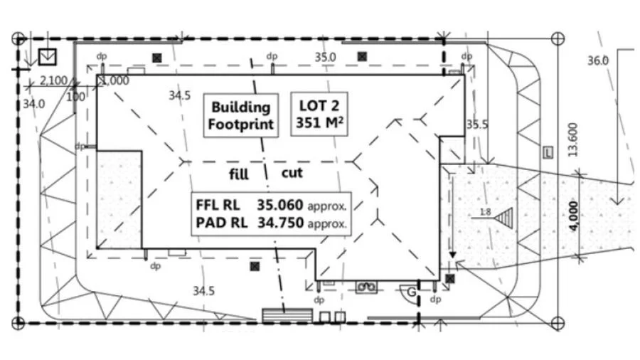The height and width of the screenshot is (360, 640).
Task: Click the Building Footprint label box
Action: click(241, 115)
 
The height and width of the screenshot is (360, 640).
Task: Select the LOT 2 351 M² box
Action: click(319, 114)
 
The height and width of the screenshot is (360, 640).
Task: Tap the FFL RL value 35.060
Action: click(280, 205)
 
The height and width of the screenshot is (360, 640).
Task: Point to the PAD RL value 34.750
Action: click(281, 223)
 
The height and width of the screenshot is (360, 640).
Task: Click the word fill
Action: click(239, 174)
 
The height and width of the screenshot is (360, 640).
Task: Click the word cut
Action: click(292, 173)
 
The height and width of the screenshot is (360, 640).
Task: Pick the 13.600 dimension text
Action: click(572, 140)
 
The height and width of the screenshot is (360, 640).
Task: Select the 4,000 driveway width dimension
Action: click(573, 216)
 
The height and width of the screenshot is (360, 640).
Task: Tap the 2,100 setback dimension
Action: click(53, 80)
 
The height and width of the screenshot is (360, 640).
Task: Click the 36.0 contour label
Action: click(598, 60)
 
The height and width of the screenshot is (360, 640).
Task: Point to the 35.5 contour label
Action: click(477, 124)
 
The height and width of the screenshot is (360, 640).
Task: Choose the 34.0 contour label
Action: click(33, 104)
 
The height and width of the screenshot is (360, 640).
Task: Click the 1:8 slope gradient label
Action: click(485, 212)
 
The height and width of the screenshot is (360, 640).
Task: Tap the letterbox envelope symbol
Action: click(48, 57)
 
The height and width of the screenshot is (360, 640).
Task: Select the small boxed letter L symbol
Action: click(548, 153)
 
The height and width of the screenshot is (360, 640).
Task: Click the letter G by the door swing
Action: click(412, 292)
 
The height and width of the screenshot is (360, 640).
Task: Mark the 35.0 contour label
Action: click(325, 57)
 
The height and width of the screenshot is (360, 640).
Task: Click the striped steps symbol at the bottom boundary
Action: click(287, 316)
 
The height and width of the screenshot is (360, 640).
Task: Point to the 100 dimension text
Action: click(75, 97)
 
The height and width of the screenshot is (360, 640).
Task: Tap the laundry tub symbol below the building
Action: click(366, 287)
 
